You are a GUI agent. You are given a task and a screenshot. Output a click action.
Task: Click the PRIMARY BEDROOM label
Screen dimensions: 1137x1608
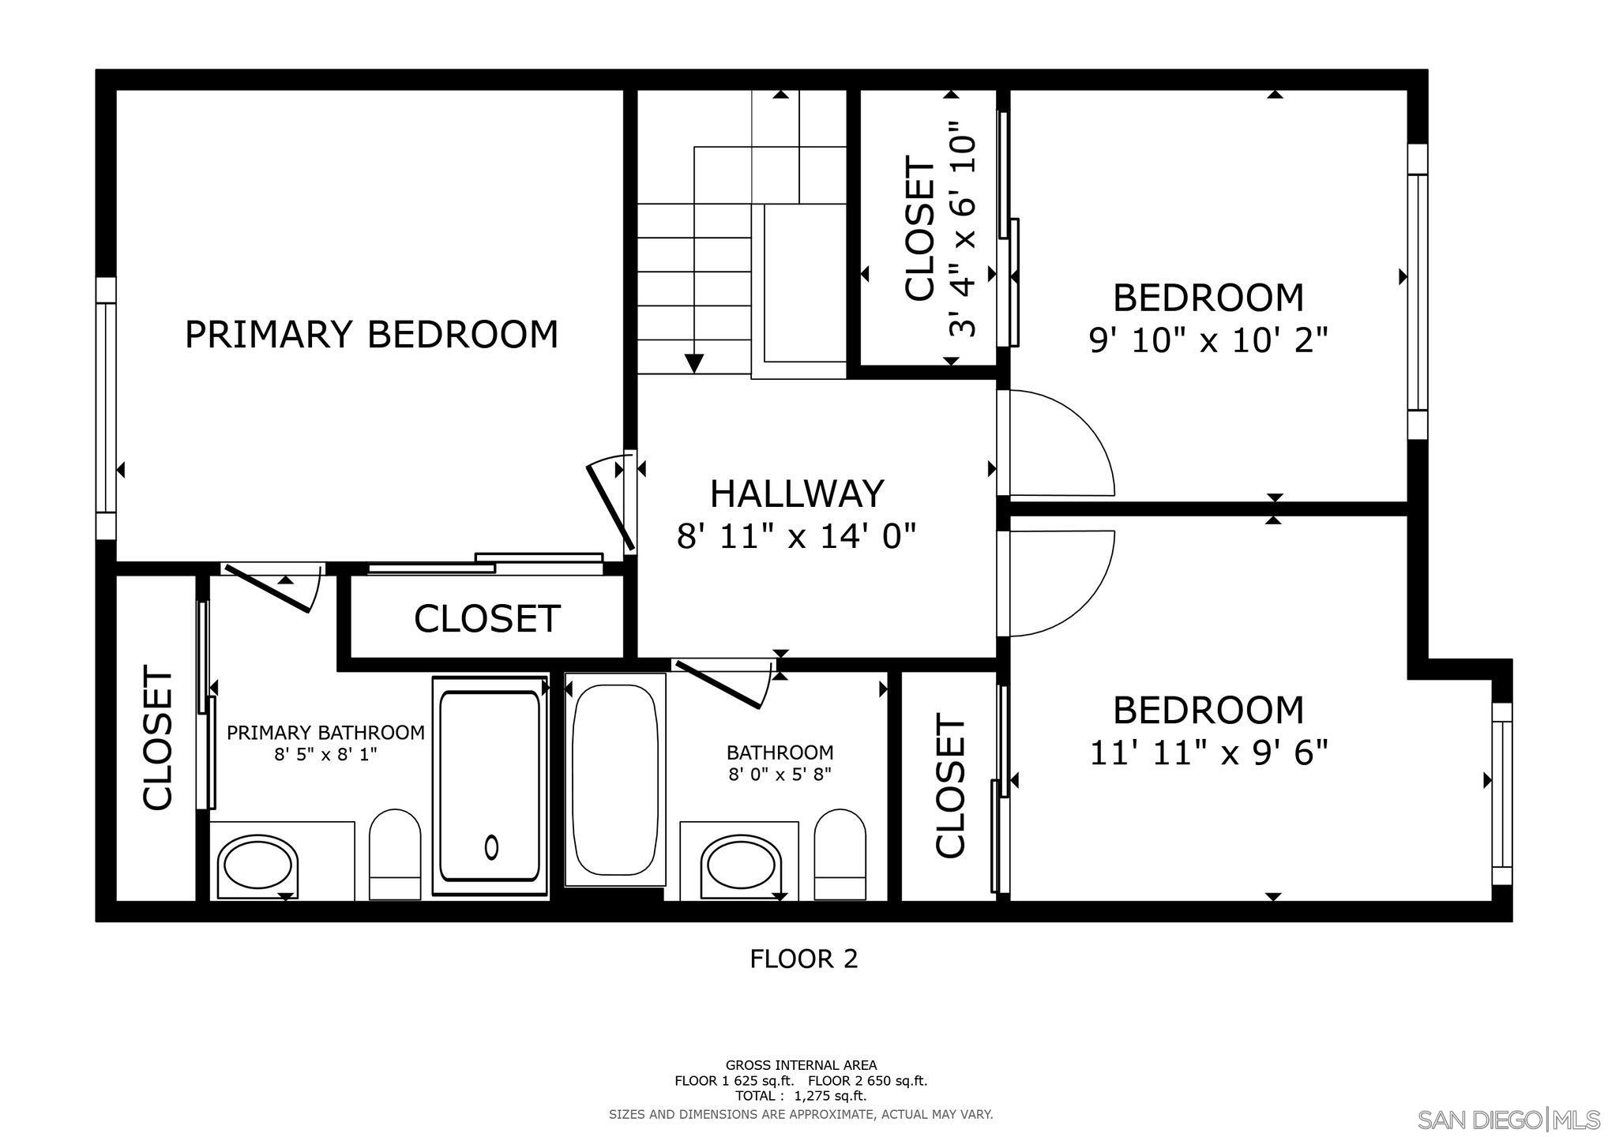(x=371, y=335)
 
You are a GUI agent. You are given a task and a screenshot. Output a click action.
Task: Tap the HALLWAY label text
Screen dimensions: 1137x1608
(x=796, y=494)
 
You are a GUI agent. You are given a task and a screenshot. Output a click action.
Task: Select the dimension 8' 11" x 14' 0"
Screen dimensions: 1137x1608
(x=796, y=538)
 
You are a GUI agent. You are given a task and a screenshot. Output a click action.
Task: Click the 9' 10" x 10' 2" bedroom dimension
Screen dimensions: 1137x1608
(x=1208, y=341)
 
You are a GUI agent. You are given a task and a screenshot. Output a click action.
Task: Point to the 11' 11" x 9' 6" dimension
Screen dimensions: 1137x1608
(x=1208, y=753)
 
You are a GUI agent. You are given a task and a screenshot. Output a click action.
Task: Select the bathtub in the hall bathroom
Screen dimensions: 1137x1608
(x=614, y=779)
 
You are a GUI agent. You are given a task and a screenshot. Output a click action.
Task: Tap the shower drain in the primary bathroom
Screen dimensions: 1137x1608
(x=491, y=847)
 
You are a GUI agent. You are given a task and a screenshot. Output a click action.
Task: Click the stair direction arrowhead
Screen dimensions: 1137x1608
(x=694, y=363)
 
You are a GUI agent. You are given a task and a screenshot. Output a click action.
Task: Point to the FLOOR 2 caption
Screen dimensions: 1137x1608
(x=803, y=959)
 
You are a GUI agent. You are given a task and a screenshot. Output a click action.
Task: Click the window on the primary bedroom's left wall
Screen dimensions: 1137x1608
(x=106, y=407)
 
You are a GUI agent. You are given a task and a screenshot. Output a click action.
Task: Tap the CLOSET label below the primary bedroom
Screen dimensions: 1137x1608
(x=487, y=619)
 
